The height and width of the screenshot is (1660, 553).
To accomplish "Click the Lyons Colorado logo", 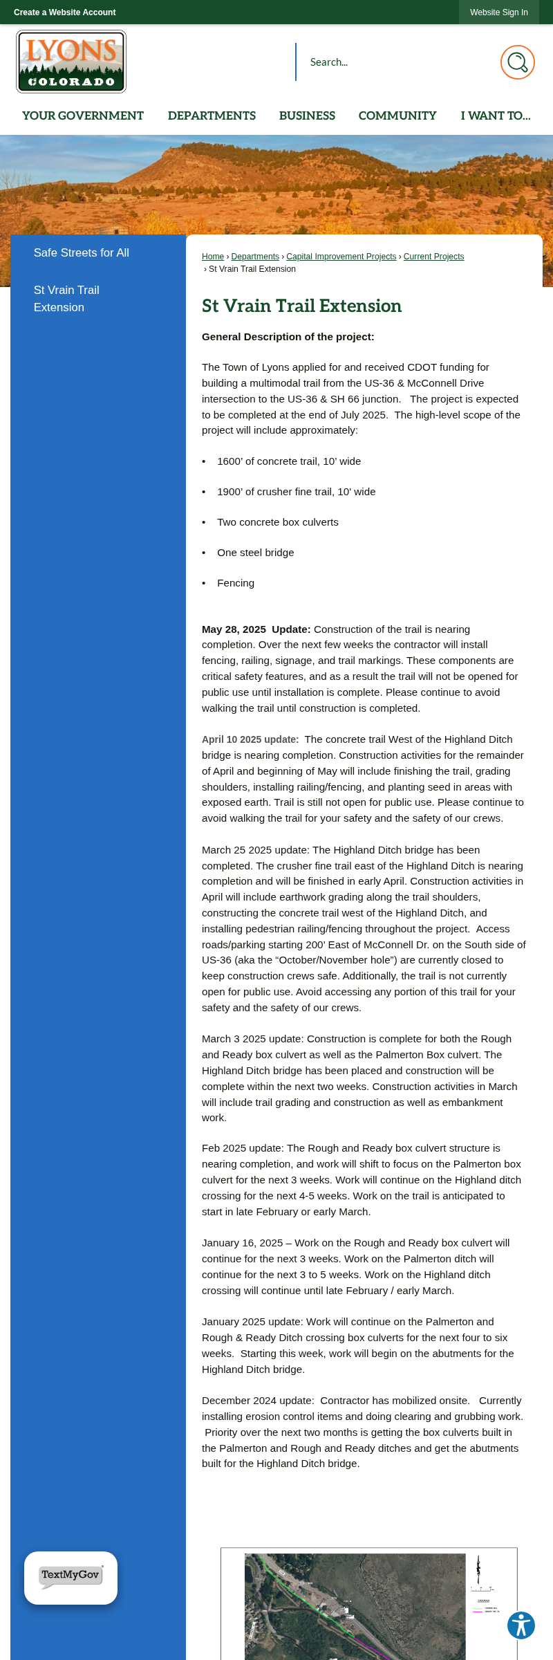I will pos(71,62).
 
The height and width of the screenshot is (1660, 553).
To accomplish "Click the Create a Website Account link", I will pos(64,12).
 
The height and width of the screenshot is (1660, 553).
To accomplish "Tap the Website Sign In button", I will pos(498,12).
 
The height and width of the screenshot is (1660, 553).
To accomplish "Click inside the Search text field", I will pos(394,62).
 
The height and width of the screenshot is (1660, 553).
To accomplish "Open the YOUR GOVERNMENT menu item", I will pos(83,116).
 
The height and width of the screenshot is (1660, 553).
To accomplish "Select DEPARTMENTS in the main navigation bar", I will pos(212,116).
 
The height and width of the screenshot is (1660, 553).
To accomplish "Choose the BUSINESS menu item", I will pos(307,116).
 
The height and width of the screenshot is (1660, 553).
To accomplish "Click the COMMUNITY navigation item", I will pos(397,116).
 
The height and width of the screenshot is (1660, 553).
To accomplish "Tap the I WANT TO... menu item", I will pos(496,116).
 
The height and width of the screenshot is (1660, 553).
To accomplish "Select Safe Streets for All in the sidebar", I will pos(82,253).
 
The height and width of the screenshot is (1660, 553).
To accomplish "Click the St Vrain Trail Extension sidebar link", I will pos(66,299).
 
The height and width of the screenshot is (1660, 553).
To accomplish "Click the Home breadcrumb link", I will pos(213,257).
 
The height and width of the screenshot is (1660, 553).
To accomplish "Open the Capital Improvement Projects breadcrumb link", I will pos(341,257).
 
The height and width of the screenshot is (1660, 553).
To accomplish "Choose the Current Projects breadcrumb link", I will pos(433,257).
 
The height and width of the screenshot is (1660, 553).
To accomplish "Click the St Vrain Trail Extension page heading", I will pos(301,306).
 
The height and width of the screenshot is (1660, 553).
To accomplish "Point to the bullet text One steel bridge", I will pos(256,553).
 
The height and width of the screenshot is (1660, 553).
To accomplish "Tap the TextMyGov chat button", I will pos(71,1578).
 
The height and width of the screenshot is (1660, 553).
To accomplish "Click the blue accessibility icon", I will pos(521,1625).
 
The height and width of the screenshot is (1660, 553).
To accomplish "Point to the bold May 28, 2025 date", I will pos(234,629).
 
